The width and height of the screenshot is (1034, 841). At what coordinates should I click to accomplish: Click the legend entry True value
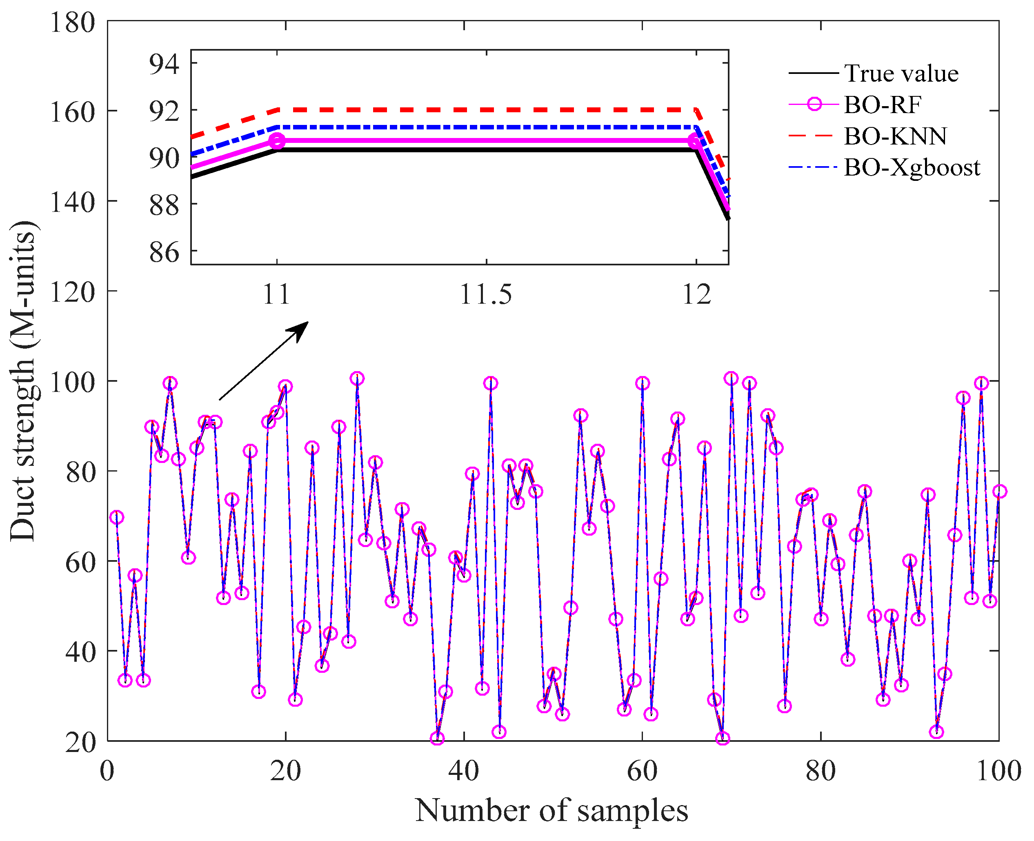click(901, 73)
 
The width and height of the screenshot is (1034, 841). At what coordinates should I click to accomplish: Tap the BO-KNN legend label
click(895, 136)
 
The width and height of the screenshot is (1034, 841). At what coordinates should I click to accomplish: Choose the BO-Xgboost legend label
click(912, 168)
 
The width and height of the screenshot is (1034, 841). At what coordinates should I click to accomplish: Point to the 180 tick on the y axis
click(73, 22)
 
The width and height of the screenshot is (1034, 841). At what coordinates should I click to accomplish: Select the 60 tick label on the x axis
click(642, 771)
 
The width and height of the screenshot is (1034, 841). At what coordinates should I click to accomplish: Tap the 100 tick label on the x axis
click(998, 771)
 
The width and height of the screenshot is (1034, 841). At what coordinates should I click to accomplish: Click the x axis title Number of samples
click(551, 810)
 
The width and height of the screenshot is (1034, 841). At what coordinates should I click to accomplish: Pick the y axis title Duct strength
click(23, 381)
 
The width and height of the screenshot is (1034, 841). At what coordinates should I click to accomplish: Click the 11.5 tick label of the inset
click(486, 294)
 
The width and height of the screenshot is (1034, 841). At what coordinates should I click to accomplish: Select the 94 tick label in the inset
click(164, 64)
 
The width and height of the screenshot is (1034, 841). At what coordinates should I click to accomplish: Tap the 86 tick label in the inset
click(164, 252)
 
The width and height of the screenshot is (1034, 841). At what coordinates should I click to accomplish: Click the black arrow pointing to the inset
click(264, 360)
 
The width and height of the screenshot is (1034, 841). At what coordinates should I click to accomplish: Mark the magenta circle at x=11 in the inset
click(277, 141)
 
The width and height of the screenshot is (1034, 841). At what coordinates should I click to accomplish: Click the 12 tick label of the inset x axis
click(696, 294)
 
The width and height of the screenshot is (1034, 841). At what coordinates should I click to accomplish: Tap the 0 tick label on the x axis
click(107, 771)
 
